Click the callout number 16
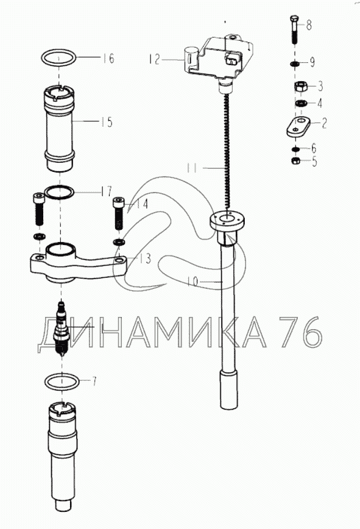(108, 59)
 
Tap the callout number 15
(107, 122)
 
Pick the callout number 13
(146, 259)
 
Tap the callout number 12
(154, 59)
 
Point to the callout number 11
(192, 168)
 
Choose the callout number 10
(193, 281)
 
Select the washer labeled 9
(295, 63)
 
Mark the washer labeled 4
(299, 103)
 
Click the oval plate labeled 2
(298, 127)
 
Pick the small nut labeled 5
(295, 161)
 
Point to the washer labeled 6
(295, 149)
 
